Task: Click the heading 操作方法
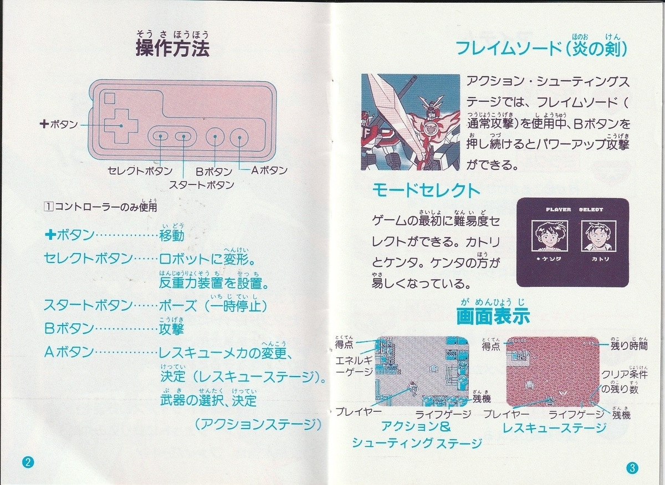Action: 172,49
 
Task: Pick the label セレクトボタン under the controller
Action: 140,171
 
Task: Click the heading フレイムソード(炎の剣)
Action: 541,49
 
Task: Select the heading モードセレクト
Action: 426,191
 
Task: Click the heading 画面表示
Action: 493,316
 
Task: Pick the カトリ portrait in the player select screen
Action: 596,236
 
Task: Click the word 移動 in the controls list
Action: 171,236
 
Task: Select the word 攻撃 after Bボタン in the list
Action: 171,329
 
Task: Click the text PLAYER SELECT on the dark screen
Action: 573,210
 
